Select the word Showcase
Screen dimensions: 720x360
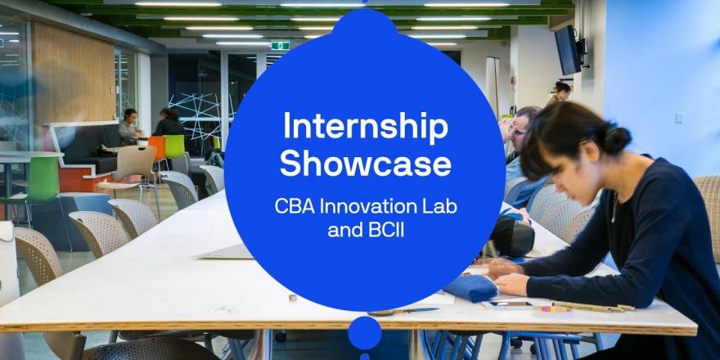(x=366, y=164)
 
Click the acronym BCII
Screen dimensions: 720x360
(x=386, y=230)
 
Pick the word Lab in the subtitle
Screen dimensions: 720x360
(x=442, y=207)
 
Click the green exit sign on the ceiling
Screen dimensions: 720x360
(x=280, y=46)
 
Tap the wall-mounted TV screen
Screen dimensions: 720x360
(x=568, y=51)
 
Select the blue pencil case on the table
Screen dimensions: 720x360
(x=470, y=288)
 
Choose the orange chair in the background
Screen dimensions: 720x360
(x=157, y=148)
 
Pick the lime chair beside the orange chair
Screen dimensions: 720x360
(x=174, y=146)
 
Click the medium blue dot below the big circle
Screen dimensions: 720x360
(x=365, y=332)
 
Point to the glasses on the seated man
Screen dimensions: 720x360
(x=519, y=132)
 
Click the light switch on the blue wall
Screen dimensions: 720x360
(x=677, y=118)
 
